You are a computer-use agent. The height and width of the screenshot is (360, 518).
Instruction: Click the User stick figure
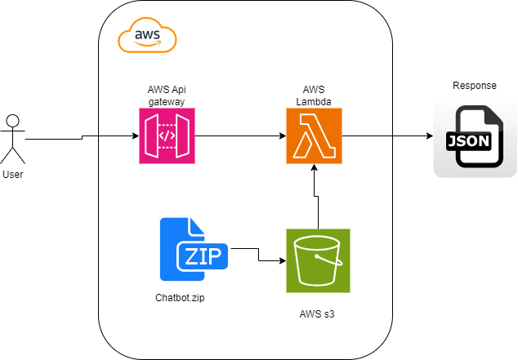tap(12, 140)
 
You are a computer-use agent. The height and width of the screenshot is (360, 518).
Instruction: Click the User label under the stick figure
tap(12, 175)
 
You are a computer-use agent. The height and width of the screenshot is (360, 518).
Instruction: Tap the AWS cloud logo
tap(147, 37)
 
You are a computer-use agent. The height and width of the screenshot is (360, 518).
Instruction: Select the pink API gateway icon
tap(167, 136)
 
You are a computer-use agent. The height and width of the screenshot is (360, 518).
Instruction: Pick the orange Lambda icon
tap(314, 136)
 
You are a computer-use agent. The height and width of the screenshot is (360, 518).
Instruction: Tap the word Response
tap(475, 86)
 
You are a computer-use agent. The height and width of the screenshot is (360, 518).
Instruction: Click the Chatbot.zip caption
tap(180, 298)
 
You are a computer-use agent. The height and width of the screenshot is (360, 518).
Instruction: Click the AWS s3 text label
tap(318, 313)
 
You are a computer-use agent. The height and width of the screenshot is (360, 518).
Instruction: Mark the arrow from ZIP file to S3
tap(258, 256)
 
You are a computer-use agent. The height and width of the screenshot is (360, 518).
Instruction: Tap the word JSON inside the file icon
tap(468, 141)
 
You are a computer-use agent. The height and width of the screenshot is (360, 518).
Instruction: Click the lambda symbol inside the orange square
tap(314, 137)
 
